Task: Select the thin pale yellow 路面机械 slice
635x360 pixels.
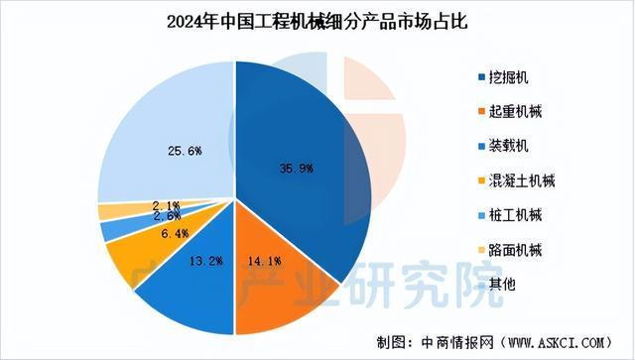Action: click(x=107, y=211)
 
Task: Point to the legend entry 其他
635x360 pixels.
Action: click(x=498, y=284)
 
